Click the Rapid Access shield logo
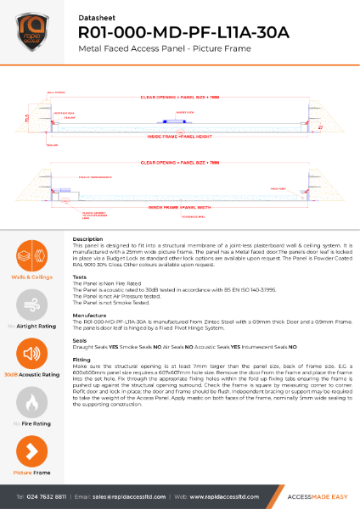(32, 31)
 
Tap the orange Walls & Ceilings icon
(31, 256)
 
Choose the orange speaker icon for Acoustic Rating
(31, 354)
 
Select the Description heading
(88, 240)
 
